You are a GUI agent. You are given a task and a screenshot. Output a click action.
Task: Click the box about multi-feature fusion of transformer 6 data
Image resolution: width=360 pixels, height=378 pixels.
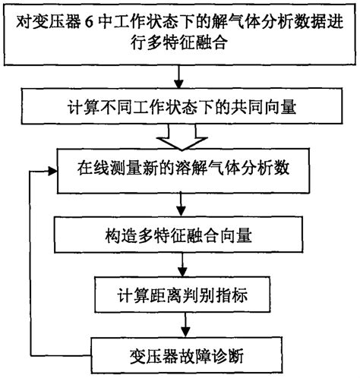tap(179, 33)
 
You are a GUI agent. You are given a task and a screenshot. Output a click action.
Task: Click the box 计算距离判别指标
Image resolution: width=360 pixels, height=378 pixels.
tap(179, 294)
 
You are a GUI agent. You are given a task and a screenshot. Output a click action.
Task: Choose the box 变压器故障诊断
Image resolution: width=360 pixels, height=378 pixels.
tap(180, 351)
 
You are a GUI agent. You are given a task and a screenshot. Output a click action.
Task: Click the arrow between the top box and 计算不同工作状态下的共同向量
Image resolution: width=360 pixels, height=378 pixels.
tap(179, 77)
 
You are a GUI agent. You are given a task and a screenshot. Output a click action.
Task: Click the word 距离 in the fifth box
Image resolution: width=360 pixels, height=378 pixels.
tap(159, 294)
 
